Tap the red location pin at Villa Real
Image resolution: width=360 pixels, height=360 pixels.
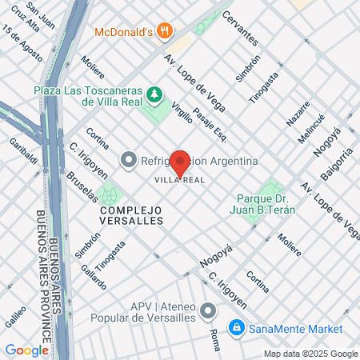[x=181, y=163]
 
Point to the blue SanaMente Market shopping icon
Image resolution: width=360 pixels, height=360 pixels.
[x=237, y=328]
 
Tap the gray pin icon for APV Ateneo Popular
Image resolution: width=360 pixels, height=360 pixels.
[x=209, y=310]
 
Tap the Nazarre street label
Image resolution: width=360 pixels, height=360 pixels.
[x=298, y=114]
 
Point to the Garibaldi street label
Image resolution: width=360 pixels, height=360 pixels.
[x=23, y=152]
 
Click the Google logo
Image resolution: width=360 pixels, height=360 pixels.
[x=26, y=350]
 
